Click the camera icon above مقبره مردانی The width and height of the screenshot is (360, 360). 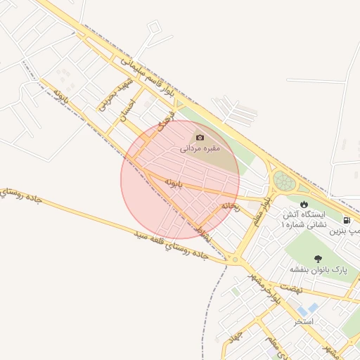click(200, 137)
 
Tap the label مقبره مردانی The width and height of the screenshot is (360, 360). click(200, 148)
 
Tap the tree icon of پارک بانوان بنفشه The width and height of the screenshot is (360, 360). click(319, 259)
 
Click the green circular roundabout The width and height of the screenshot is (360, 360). click(285, 181)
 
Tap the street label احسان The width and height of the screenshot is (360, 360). click(127, 110)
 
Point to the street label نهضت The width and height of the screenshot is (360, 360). click(290, 288)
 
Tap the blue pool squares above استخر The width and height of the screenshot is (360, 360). click(307, 309)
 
